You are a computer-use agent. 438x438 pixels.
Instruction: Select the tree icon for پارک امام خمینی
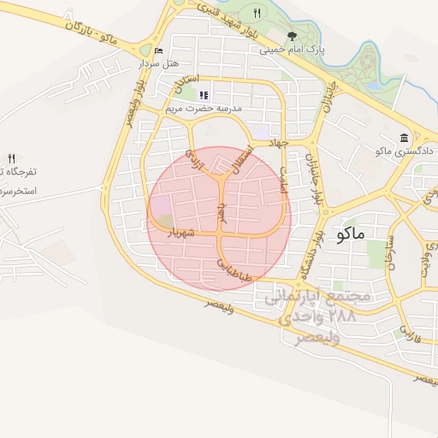click(x=293, y=36)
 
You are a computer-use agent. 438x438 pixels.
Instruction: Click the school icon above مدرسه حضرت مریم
click(x=203, y=95)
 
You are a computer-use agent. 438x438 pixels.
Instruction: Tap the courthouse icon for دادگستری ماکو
click(x=404, y=138)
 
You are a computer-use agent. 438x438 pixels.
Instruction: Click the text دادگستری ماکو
click(x=405, y=151)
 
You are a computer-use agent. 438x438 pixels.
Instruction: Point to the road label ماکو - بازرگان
click(x=95, y=33)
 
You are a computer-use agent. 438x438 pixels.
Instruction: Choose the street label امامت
click(x=284, y=178)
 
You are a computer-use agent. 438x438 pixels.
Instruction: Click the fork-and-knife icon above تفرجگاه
click(x=11, y=157)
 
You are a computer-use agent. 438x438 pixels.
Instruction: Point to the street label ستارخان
click(x=392, y=252)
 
